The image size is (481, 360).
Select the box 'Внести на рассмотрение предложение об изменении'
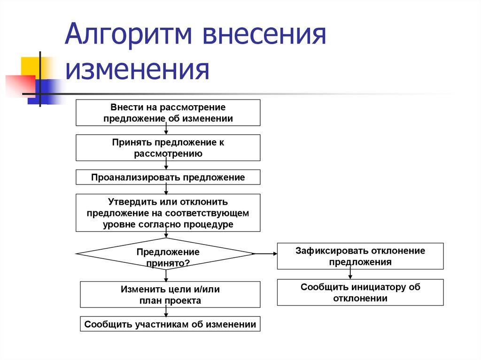(168, 113)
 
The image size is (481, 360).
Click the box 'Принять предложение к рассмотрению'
(168, 148)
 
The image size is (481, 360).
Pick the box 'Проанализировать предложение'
(168, 177)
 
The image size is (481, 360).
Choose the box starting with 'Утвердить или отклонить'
(168, 213)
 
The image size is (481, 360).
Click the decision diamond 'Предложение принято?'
(166, 253)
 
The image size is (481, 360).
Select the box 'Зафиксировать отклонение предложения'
(360, 256)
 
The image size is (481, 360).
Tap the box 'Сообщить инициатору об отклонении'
(360, 292)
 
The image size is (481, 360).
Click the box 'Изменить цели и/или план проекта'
(170, 295)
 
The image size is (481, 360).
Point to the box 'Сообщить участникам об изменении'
(170, 324)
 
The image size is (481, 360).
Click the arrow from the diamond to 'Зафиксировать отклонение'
(265, 253)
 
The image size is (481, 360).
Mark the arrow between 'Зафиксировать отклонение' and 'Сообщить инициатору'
(350, 274)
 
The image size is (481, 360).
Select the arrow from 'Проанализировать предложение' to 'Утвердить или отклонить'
(166, 189)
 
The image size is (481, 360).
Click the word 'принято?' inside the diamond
(168, 263)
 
